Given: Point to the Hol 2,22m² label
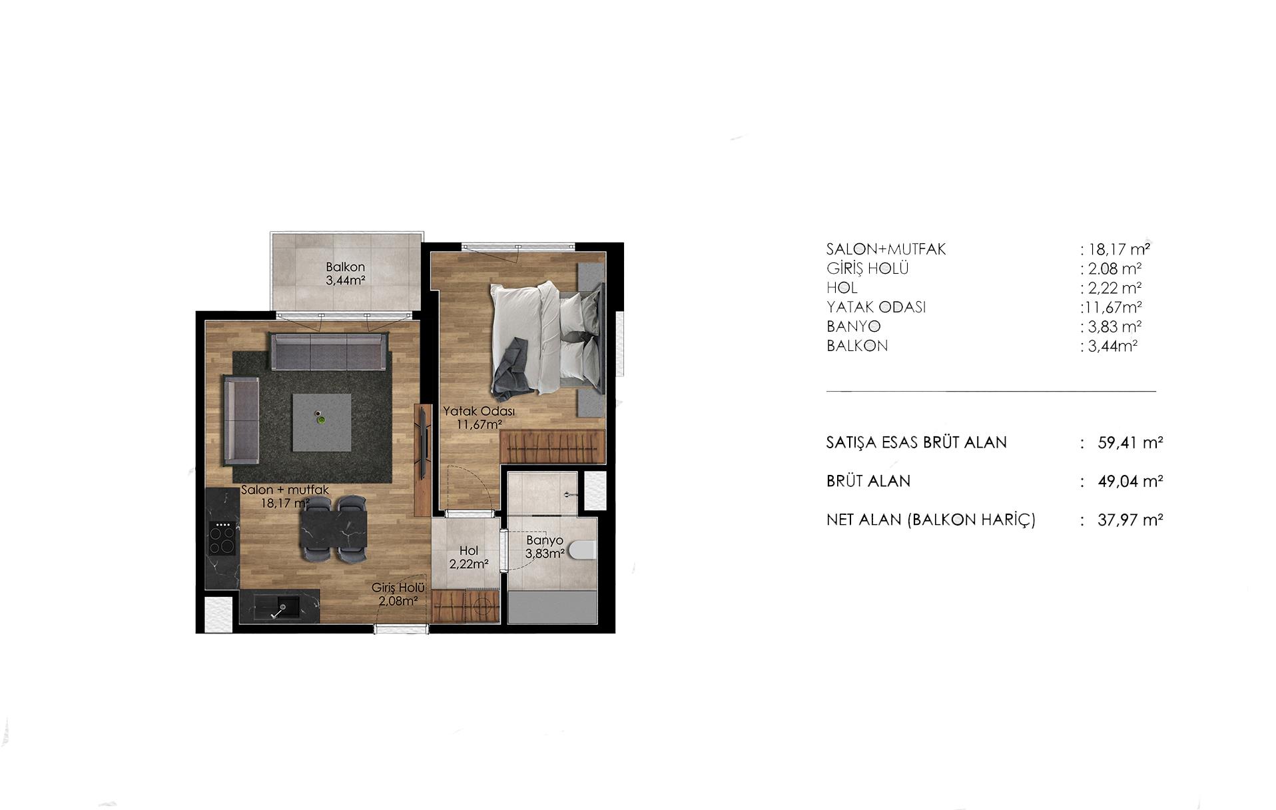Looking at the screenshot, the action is click(469, 558).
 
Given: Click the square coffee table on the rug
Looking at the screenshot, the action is click(322, 422).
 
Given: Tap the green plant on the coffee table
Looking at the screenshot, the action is click(321, 420).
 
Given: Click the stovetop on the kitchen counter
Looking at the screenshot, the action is click(222, 539).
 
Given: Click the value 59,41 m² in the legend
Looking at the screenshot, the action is click(1130, 442).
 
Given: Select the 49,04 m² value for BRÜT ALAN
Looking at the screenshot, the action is click(1130, 481).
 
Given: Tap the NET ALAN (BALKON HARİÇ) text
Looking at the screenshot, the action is click(931, 520).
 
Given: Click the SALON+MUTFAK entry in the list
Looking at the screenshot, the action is click(886, 249).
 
